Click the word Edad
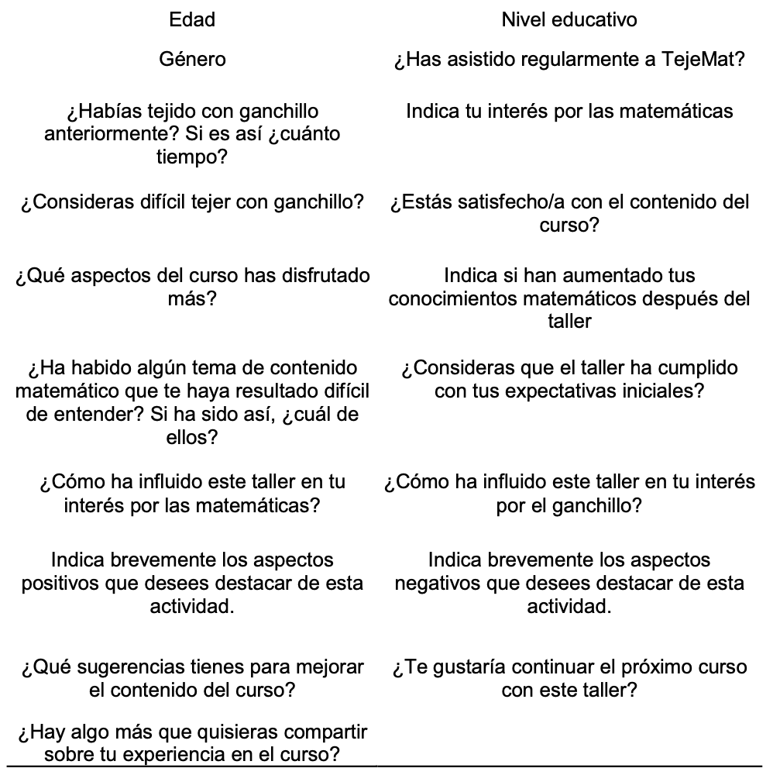coord(192,20)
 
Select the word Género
coord(192,60)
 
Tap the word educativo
coord(594,20)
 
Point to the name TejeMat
coord(704,60)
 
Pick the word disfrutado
coord(304,275)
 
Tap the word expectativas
coord(564,391)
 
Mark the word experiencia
coord(173,755)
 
